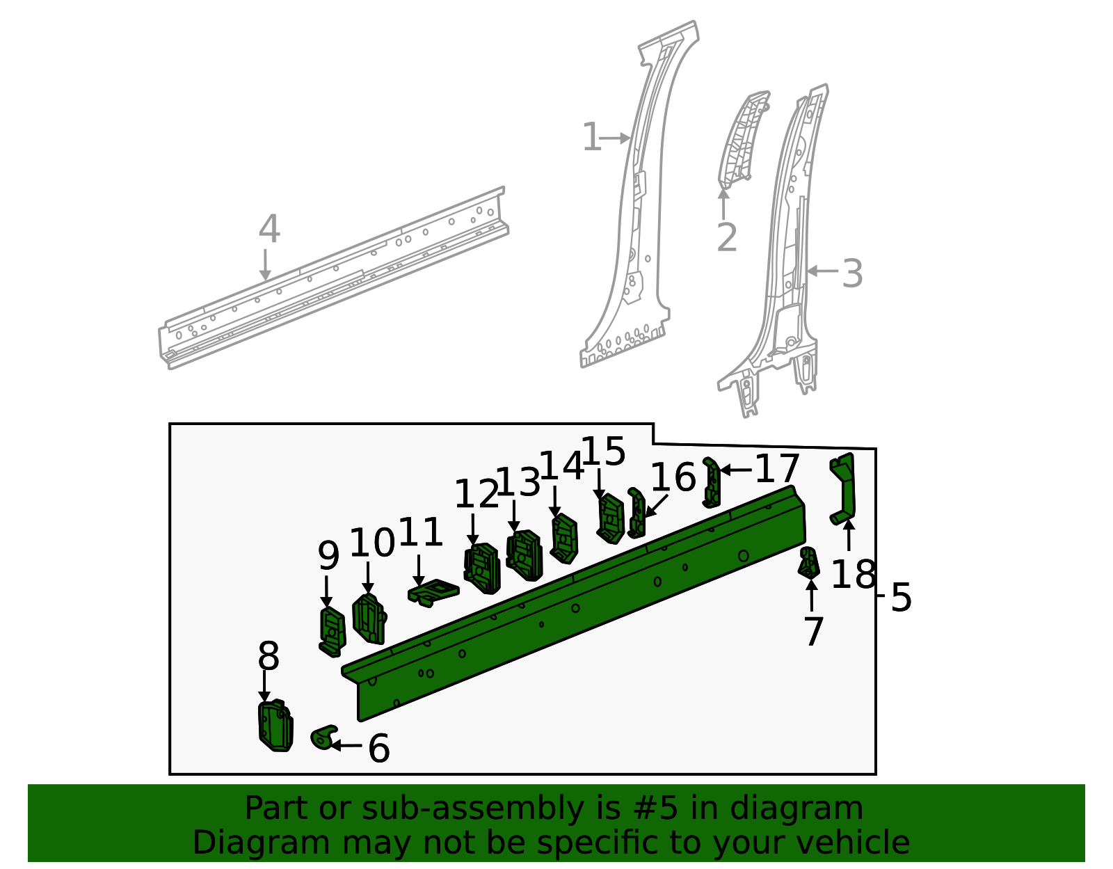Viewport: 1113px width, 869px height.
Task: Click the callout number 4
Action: click(269, 230)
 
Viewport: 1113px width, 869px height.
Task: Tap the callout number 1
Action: click(591, 137)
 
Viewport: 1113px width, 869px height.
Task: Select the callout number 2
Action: click(726, 238)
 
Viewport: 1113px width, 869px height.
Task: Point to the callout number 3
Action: click(852, 273)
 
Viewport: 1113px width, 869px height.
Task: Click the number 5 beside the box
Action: click(901, 598)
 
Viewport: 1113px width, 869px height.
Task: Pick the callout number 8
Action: click(269, 656)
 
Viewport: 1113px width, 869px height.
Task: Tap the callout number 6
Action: click(378, 749)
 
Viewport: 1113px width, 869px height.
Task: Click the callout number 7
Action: click(813, 632)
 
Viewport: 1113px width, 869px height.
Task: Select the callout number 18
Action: click(853, 575)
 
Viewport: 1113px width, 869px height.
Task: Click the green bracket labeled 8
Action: click(275, 726)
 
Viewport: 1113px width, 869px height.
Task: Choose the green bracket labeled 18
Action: click(844, 487)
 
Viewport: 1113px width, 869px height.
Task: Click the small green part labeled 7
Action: click(808, 562)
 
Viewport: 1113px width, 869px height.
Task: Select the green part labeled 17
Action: click(712, 483)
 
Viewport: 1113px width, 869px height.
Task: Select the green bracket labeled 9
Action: click(332, 631)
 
